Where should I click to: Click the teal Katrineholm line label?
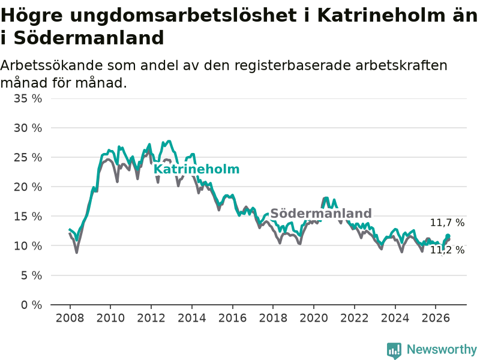pos(197,169)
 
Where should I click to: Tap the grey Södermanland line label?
pos(321,214)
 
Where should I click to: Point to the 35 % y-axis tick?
pos(28,98)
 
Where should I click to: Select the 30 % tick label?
pos(28,128)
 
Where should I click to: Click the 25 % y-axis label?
pos(28,158)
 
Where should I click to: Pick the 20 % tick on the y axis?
pos(28,187)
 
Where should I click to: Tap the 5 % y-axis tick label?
pos(32,275)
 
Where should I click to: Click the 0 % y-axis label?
pos(32,305)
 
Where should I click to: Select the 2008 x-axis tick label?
pos(70,318)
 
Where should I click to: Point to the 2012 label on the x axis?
pos(151,318)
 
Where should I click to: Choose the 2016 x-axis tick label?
pos(232,318)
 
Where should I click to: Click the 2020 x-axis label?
pos(314,318)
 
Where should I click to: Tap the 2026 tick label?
pos(436,318)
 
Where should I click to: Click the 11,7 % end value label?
pos(447,223)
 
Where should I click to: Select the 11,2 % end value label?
pos(447,250)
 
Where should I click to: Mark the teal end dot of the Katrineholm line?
pos(448,236)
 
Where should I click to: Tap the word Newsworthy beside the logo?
pos(442,349)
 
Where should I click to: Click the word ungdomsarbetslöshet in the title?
pos(183,16)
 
